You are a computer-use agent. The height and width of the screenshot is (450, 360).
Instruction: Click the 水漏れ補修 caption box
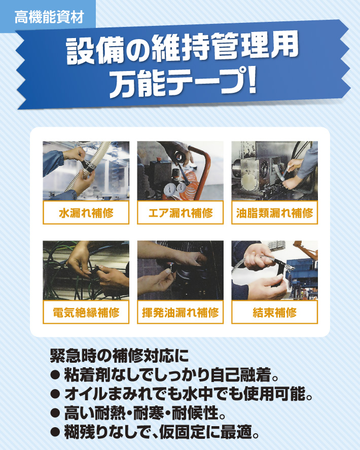coord(86,213)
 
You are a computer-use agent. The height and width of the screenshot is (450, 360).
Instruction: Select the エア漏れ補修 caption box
coord(180,213)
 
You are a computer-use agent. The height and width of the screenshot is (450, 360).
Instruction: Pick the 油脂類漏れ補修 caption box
coord(274,213)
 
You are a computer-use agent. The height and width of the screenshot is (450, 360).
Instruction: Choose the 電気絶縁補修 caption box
coord(86,312)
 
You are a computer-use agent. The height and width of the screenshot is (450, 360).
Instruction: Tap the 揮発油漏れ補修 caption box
coord(180,312)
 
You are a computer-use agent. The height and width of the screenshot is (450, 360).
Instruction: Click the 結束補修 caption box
coord(274,312)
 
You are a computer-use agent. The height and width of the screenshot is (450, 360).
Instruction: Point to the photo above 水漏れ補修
coord(86,171)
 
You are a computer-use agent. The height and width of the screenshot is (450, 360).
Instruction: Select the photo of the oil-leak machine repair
coord(274,171)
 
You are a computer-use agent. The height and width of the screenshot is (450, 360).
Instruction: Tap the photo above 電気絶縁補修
coord(86,270)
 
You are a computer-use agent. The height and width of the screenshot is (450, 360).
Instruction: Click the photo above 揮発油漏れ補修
coord(180,270)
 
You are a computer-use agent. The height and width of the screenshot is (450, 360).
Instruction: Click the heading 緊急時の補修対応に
coord(119,356)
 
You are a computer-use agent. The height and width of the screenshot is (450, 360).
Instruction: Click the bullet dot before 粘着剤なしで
coord(55,375)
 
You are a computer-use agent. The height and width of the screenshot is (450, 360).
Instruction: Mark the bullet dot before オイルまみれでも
coord(55,394)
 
